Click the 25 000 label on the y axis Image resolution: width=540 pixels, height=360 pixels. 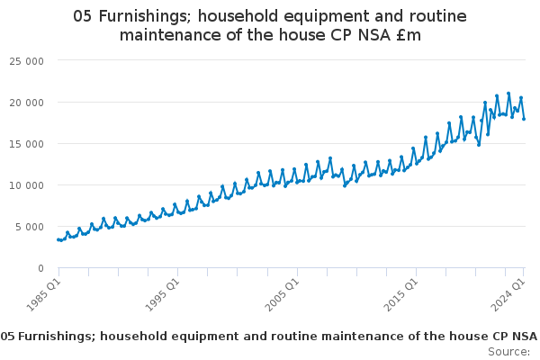point(26,61)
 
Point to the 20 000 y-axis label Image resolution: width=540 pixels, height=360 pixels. point(26,103)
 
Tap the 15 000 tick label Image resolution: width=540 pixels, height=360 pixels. point(26,144)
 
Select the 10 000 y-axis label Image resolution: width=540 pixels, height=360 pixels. point(26,185)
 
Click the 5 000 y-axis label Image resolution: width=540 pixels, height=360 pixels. point(30,227)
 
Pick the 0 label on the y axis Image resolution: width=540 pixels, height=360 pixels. point(41,268)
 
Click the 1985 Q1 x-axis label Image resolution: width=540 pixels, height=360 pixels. point(43,294)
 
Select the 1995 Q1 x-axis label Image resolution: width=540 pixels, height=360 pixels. point(162,294)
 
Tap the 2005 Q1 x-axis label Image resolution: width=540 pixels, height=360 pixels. point(282,294)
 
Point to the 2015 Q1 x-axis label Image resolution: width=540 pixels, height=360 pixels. point(400,294)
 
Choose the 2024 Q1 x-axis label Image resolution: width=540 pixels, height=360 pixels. point(508,294)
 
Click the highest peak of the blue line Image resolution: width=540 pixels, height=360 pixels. point(508,94)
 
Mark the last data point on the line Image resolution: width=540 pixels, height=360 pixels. point(524,119)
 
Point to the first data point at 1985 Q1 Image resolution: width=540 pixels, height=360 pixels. point(58,239)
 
